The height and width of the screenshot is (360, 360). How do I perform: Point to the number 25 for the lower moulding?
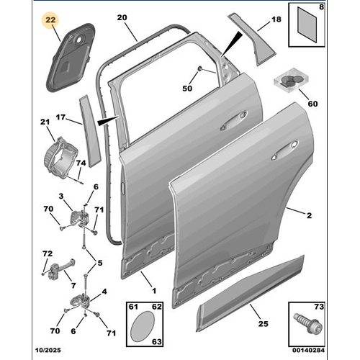click(x=263, y=325)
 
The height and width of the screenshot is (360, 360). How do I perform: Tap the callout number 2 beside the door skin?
click(x=308, y=215)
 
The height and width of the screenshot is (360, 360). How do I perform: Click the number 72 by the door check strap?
click(x=46, y=254)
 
